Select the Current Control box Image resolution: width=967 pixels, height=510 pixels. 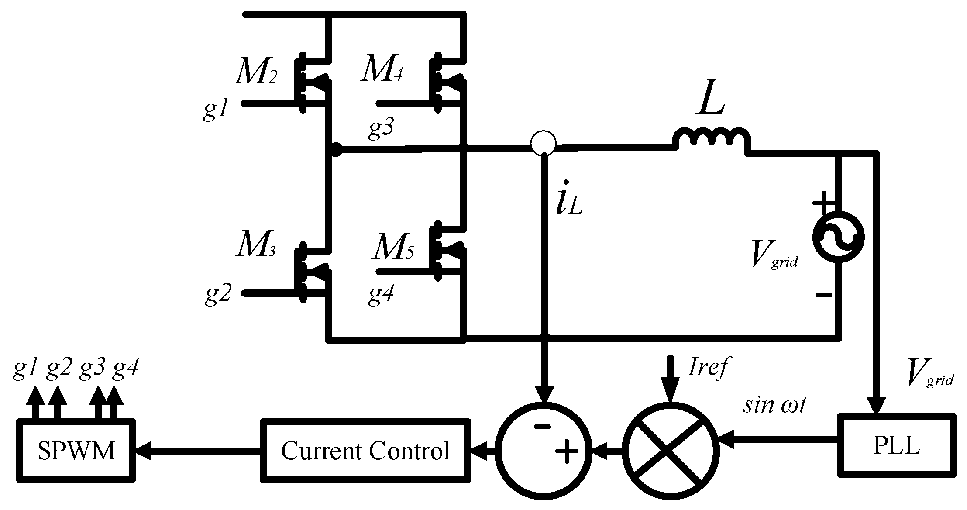click(365, 451)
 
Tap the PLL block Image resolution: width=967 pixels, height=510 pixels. click(896, 445)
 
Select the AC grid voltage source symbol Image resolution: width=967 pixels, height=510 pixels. click(838, 237)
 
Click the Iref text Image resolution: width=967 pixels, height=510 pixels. click(708, 367)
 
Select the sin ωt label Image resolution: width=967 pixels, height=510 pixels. click(774, 405)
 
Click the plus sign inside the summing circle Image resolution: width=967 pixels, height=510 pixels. click(567, 451)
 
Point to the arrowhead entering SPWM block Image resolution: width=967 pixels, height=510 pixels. click(144, 451)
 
